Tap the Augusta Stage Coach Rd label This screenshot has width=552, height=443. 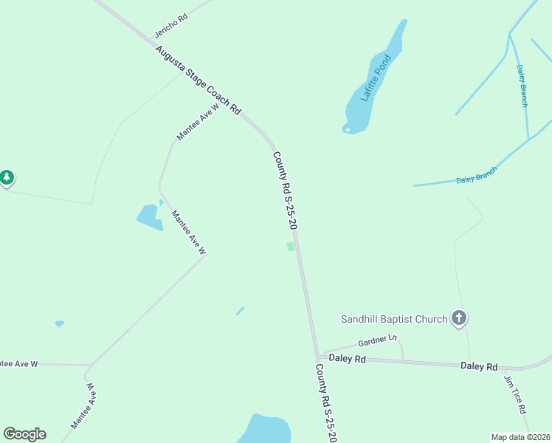click(x=198, y=80)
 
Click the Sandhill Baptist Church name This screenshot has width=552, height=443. click(x=394, y=319)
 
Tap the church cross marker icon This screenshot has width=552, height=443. click(x=458, y=319)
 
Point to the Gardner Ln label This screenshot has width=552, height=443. click(x=377, y=340)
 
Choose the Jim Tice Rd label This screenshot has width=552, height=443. click(x=515, y=394)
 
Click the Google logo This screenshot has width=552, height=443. click(x=24, y=434)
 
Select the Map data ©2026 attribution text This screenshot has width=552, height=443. click(x=520, y=436)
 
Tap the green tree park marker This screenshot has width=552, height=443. click(x=7, y=177)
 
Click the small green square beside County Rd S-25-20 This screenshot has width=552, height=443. click(x=291, y=247)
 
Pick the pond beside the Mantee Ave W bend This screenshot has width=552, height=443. click(x=148, y=216)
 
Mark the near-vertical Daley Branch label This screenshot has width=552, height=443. click(x=522, y=86)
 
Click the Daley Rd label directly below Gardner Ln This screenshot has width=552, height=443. click(x=348, y=358)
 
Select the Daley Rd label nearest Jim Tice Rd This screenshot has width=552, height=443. click(x=479, y=365)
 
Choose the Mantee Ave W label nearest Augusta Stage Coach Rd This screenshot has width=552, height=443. click(x=198, y=121)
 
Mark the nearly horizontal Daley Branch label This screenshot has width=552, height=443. click(x=476, y=175)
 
